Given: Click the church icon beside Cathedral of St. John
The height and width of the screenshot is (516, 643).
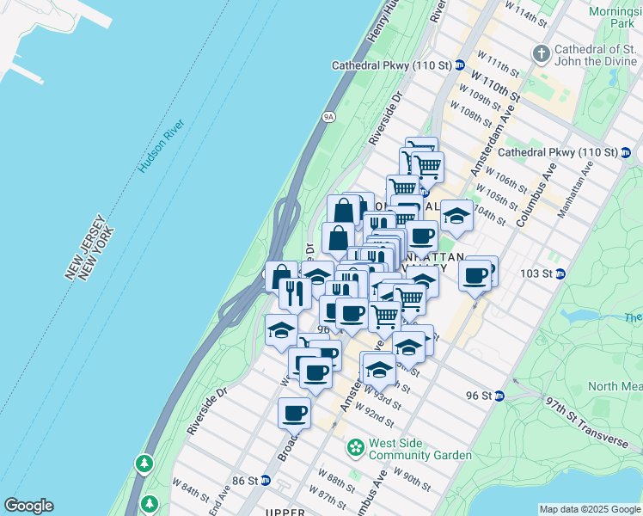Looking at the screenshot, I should pyautogui.click(x=542, y=53).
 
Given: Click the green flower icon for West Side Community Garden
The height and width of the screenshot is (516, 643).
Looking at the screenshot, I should pyautogui.click(x=354, y=447).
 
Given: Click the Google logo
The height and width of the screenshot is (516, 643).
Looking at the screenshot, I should pyautogui.click(x=28, y=506).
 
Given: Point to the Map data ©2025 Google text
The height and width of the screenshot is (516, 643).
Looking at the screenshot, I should pyautogui.click(x=590, y=509).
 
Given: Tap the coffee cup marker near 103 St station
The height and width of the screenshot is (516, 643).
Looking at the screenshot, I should pyautogui.click(x=475, y=275).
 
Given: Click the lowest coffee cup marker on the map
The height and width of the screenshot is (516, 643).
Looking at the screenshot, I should pyautogui.click(x=294, y=413).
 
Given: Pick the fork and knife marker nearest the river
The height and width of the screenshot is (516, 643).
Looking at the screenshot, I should pyautogui.click(x=294, y=293).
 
